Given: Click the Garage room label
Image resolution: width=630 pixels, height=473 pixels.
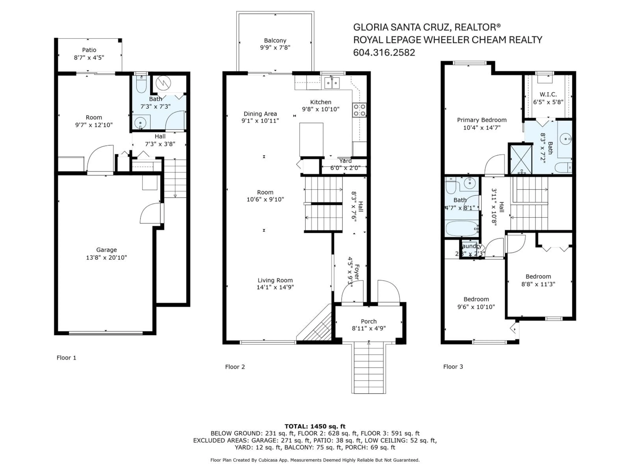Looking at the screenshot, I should [106, 250].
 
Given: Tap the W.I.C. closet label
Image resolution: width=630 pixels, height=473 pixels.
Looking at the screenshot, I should [548, 94].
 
